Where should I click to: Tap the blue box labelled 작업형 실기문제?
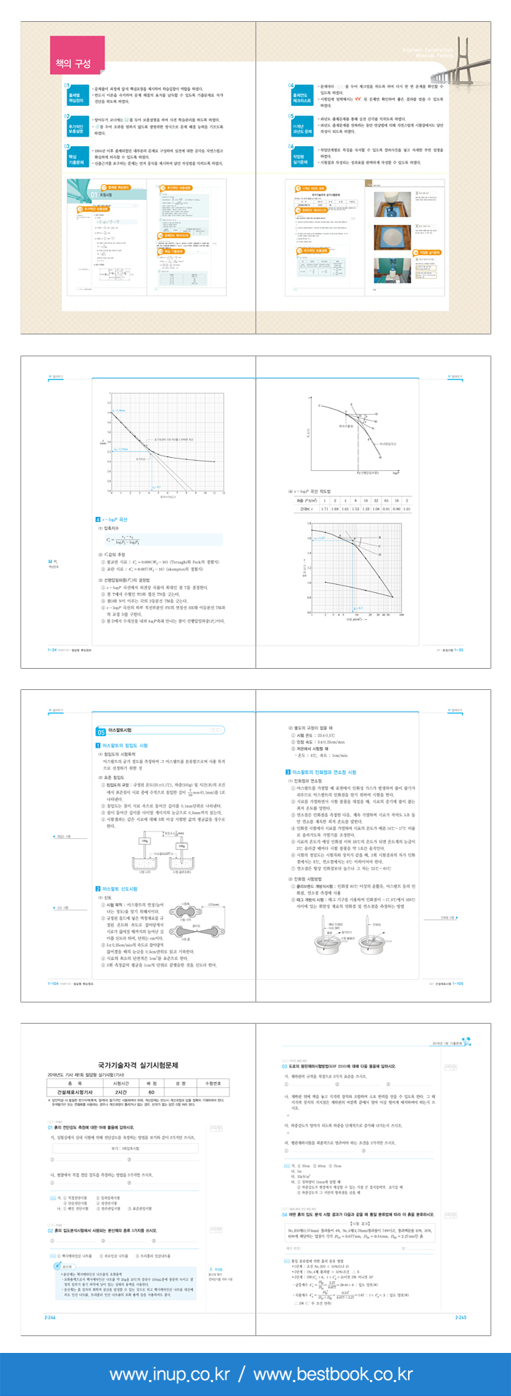tap(299, 157)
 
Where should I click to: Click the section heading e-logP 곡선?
tap(113, 519)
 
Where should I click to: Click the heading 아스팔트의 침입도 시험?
tap(124, 745)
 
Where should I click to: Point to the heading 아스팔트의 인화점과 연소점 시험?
tap(320, 772)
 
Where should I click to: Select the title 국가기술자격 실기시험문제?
tap(138, 1066)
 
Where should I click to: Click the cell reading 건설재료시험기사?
tap(75, 1092)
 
